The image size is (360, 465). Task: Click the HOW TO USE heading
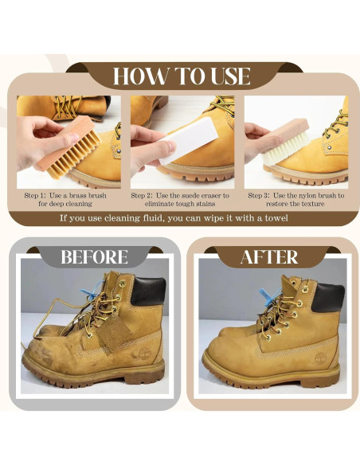pyautogui.click(x=182, y=76)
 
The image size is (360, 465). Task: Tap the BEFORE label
pyautogui.click(x=94, y=257)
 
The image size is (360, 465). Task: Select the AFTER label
pyautogui.click(x=268, y=257)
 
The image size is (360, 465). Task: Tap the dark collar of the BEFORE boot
pyautogui.click(x=150, y=294)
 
